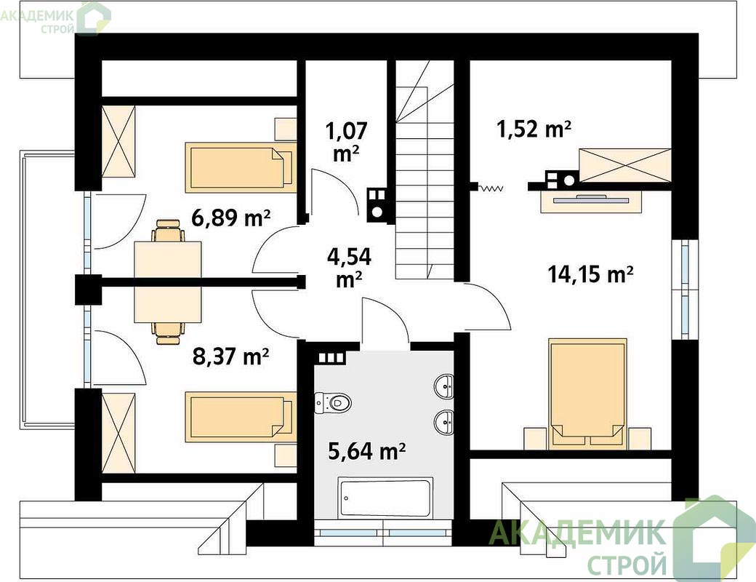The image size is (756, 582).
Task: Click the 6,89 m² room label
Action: click(x=230, y=218)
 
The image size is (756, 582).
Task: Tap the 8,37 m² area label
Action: click(x=230, y=356)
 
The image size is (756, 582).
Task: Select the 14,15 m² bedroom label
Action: click(x=590, y=274)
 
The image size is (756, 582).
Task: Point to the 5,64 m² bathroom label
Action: click(x=366, y=451)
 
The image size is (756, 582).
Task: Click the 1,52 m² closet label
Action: click(x=534, y=129)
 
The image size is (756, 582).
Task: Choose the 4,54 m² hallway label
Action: click(x=349, y=268)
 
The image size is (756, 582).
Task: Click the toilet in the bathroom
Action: click(x=333, y=402)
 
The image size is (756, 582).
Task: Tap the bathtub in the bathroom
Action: click(x=385, y=498)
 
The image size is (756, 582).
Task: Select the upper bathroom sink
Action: click(x=444, y=386)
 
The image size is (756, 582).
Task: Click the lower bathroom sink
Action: click(x=444, y=422)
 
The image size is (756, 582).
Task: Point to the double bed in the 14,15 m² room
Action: click(x=588, y=391)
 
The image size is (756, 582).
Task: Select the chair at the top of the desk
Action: click(x=168, y=231)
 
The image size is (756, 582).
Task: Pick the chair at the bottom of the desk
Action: click(x=168, y=332)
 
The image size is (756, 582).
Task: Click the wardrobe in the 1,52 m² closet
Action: click(x=625, y=166)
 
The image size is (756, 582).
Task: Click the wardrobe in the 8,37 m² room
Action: click(x=118, y=433)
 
